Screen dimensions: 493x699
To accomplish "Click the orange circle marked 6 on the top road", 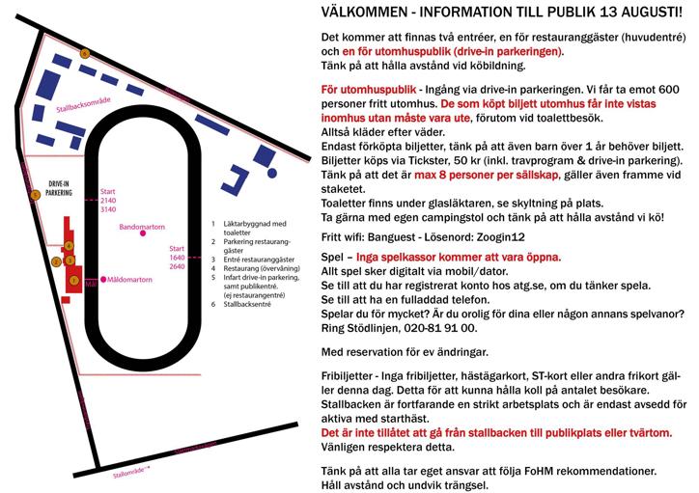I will coord(84,53).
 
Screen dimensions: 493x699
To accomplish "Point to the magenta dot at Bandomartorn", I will coord(142,233).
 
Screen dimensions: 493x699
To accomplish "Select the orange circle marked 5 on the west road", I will coord(35,195).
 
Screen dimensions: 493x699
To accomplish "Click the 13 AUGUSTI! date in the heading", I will coord(633,13).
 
